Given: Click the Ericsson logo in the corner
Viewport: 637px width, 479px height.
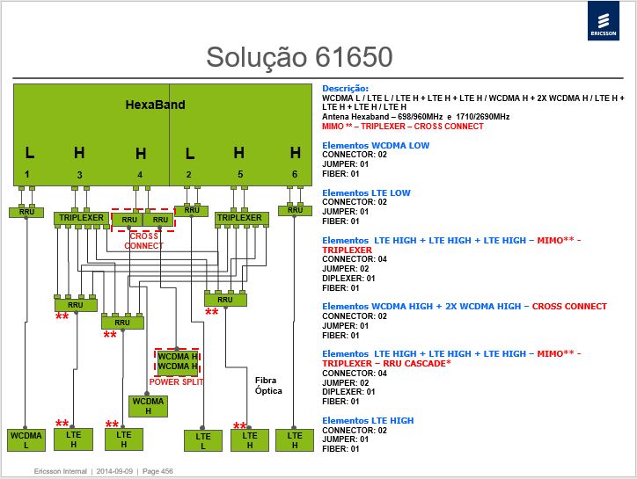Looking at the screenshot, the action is (x=604, y=20).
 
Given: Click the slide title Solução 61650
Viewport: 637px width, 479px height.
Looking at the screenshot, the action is (x=299, y=57).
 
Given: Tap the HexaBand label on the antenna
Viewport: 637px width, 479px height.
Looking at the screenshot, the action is (x=155, y=105).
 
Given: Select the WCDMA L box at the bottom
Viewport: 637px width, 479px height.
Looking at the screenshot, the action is (x=26, y=440).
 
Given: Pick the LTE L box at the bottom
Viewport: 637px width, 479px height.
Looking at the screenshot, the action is (x=203, y=441).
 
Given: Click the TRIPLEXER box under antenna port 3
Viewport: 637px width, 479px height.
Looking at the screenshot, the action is (x=81, y=218).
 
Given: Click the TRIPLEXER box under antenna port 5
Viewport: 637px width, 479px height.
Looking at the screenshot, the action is (x=241, y=218).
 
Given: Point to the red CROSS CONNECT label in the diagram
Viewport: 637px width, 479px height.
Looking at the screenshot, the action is (x=143, y=241).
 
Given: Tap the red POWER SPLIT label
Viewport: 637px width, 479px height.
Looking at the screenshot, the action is (x=176, y=382).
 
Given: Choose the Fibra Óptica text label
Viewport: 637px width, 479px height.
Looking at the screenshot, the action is (x=268, y=385).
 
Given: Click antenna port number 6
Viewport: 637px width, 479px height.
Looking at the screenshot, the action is (x=295, y=174).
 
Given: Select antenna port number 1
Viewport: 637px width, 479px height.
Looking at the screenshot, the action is (x=26, y=174).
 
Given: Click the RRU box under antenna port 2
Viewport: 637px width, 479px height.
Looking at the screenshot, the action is (x=191, y=210).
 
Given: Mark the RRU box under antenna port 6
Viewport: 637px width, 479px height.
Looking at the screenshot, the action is (x=295, y=210).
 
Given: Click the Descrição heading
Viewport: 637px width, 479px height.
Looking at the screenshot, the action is (x=345, y=89).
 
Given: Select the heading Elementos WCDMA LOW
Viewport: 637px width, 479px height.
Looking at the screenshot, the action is (x=376, y=145).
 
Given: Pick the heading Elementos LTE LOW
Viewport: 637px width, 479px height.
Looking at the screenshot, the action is (x=366, y=192).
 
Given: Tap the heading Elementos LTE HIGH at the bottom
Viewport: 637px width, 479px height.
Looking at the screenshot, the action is (x=368, y=420).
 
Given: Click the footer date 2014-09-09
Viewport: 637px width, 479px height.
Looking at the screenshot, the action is (x=114, y=471).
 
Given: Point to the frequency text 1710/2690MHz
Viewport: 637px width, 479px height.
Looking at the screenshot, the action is (x=483, y=117).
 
